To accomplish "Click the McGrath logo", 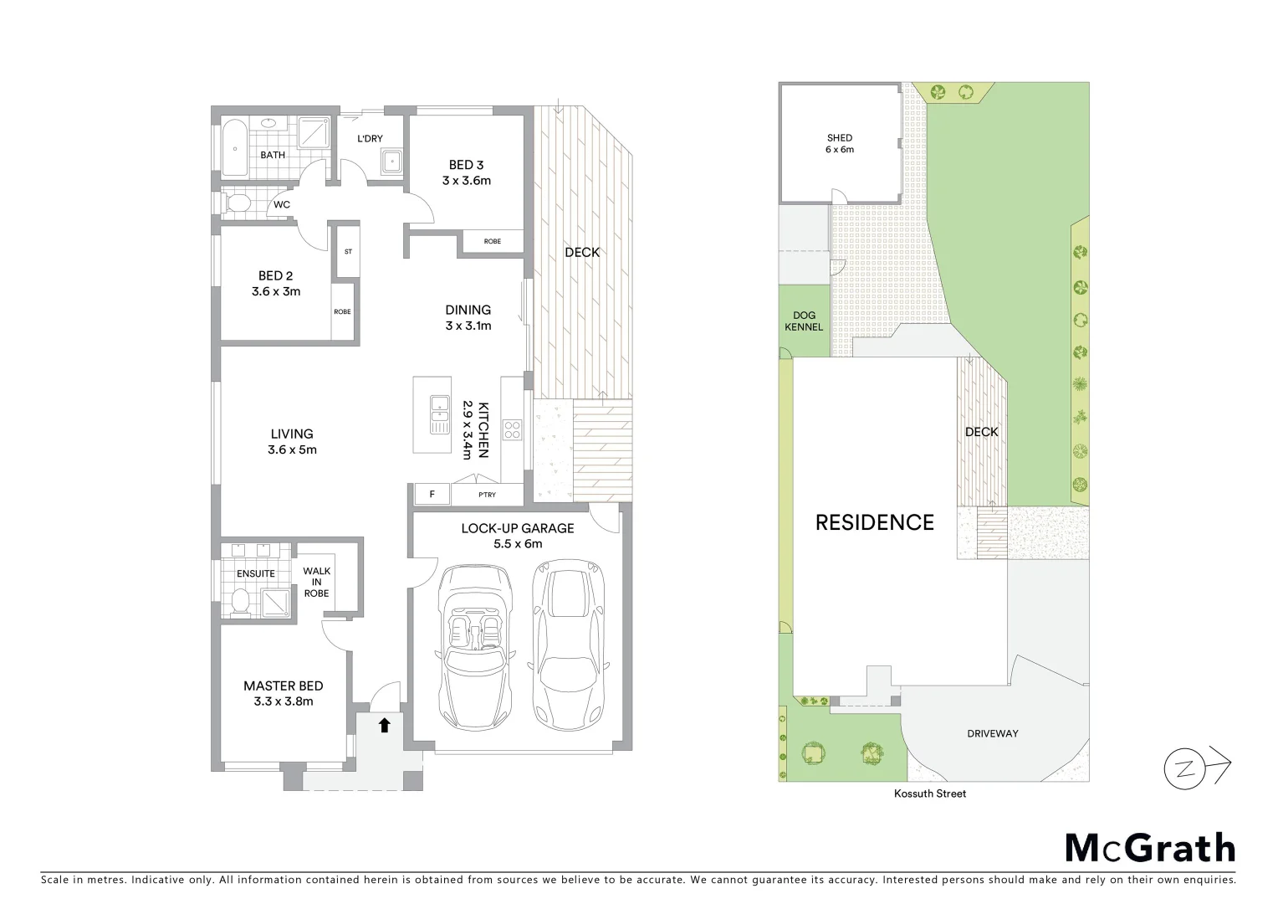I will click(x=1149, y=848).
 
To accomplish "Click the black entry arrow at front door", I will click(x=384, y=725).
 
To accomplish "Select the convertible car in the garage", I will click(x=474, y=645).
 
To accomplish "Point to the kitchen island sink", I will click(x=440, y=415).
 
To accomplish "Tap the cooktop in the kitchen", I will click(x=512, y=430).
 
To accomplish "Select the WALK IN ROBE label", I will click(x=316, y=582).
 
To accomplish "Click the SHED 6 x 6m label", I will click(x=840, y=143).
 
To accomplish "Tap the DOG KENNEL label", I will click(x=804, y=321).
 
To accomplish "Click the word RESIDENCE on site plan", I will click(x=874, y=522).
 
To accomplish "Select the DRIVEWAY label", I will click(x=993, y=733).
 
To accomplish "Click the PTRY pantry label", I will click(x=487, y=495).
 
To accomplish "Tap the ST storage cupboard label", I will click(x=348, y=251).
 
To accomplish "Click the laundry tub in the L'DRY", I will click(x=391, y=162).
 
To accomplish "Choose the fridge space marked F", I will click(x=432, y=495).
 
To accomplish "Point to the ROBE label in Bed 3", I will click(x=493, y=241).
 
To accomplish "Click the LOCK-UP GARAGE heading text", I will click(x=517, y=528).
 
